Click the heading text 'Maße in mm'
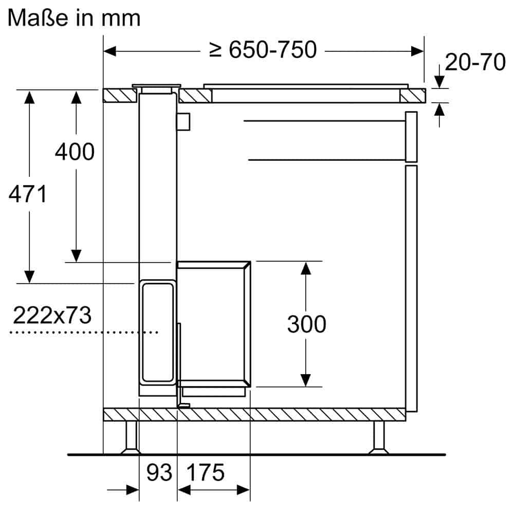74,17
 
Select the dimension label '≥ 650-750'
263,50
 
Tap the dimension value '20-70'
475,62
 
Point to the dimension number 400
75,152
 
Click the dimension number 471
28,194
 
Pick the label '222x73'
52,315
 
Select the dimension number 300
306,324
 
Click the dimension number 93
158,472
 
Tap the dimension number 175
206,472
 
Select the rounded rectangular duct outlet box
156,333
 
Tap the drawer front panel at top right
411,136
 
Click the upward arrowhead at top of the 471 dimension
30,98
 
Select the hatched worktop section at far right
413,96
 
